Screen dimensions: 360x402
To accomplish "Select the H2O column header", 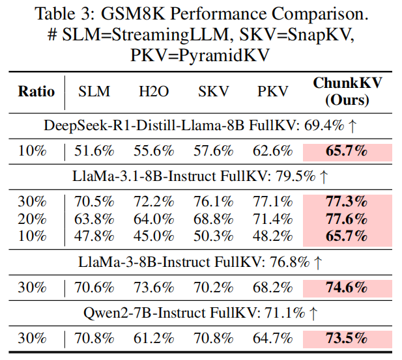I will [x=154, y=92].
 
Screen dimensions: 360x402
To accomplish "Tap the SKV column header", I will [x=214, y=92].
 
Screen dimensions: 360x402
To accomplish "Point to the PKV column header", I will [x=272, y=92].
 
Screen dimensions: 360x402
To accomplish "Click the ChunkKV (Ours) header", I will [x=347, y=92].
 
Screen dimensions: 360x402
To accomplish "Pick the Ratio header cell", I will [x=36, y=92].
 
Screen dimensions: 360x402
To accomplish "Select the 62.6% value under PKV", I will [x=272, y=150].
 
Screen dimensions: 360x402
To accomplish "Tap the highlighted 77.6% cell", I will [x=347, y=218].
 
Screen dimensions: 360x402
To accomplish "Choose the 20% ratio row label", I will [x=33, y=218].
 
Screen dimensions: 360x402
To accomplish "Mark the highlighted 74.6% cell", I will [x=347, y=286].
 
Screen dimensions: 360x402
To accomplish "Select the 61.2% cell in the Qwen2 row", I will [x=154, y=339].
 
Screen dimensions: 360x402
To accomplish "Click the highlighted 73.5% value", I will [x=347, y=339].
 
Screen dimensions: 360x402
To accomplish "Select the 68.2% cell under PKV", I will [x=272, y=286].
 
